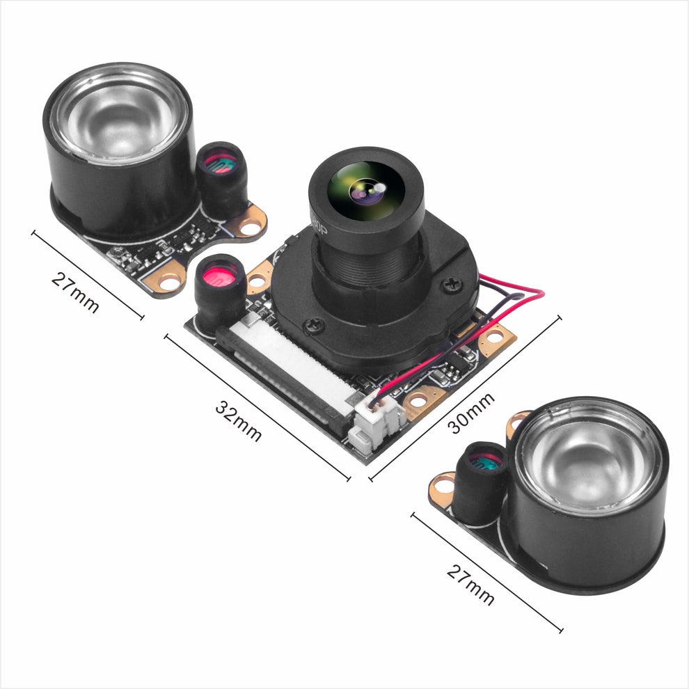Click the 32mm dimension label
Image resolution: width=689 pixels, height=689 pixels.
coord(238,420)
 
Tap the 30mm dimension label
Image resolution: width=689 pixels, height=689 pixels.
coord(471,412)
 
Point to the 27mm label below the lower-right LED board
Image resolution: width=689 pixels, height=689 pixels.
coord(471,584)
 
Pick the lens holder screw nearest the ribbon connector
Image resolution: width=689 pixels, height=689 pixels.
coord(315,324)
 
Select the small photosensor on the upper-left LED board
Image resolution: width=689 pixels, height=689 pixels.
coord(221,164)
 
